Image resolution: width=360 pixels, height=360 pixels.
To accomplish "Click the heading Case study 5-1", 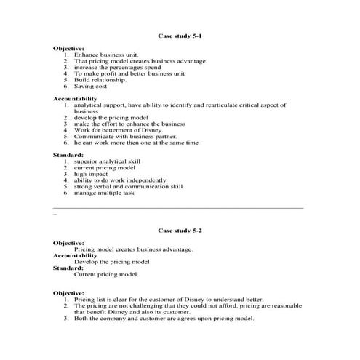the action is coord(180,35).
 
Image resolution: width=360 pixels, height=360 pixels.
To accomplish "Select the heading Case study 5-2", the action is coord(180,230).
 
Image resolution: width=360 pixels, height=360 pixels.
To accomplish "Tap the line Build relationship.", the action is coord(100,79).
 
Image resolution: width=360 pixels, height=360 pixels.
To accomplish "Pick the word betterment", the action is coord(113,130).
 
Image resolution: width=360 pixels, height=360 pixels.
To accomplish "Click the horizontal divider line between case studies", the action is coord(178,208).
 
